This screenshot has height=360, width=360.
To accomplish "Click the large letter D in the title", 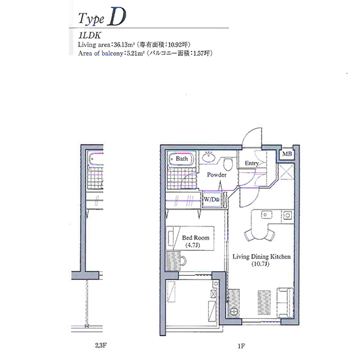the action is click(x=117, y=17).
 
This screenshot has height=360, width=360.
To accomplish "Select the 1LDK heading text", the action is click(x=89, y=35).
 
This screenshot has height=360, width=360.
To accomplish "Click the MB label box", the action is click(x=287, y=154).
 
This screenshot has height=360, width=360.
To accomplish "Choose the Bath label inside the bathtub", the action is click(x=181, y=159).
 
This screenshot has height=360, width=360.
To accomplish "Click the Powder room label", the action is click(x=217, y=175).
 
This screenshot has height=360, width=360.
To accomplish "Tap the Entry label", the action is click(x=251, y=163).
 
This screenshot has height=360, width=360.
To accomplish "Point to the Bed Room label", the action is click(x=195, y=238).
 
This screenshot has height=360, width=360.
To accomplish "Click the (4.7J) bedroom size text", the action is click(x=192, y=245).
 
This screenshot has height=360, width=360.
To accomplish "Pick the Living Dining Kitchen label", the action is click(x=262, y=256).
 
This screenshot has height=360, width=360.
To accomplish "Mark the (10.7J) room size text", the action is click(x=260, y=264).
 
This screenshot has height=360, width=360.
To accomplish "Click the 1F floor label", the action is click(x=241, y=346).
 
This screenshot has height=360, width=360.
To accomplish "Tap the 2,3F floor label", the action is click(x=101, y=345).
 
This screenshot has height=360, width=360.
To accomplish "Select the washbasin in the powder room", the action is click(x=208, y=157).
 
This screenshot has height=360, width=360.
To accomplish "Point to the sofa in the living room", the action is click(x=285, y=302).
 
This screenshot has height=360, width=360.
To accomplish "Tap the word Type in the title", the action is click(x=91, y=19).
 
